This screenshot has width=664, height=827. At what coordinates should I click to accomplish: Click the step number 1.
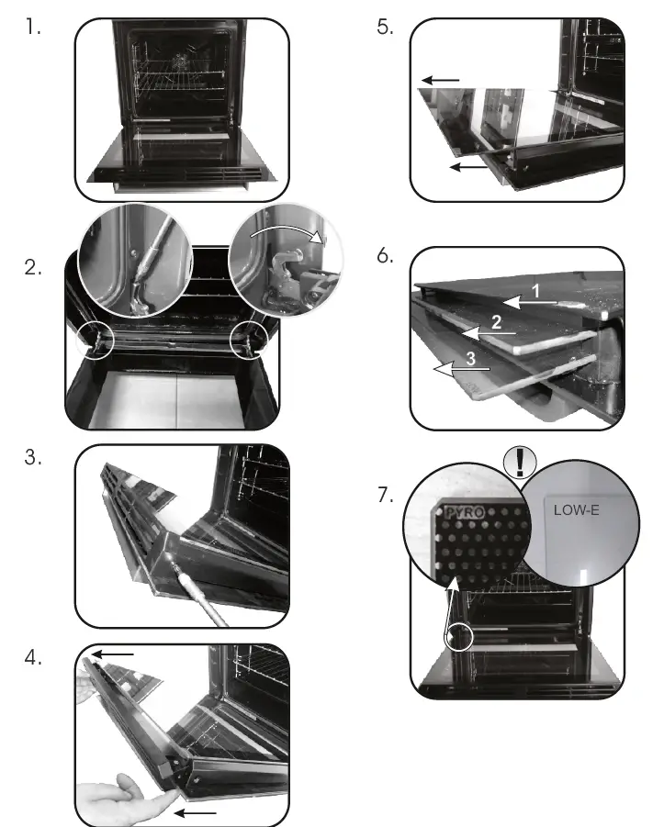pos(34,28)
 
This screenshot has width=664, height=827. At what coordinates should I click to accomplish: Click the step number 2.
pos(34,269)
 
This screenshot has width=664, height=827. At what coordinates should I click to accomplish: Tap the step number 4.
pos(34,658)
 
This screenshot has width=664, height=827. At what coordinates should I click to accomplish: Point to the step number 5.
pos(384,28)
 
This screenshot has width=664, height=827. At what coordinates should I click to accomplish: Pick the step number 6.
pos(384,256)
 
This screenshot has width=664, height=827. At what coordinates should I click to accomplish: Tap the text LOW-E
pos(576,509)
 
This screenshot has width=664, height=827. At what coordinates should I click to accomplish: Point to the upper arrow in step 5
pos(441,81)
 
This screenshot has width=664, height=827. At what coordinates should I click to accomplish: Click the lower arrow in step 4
pos(197,813)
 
